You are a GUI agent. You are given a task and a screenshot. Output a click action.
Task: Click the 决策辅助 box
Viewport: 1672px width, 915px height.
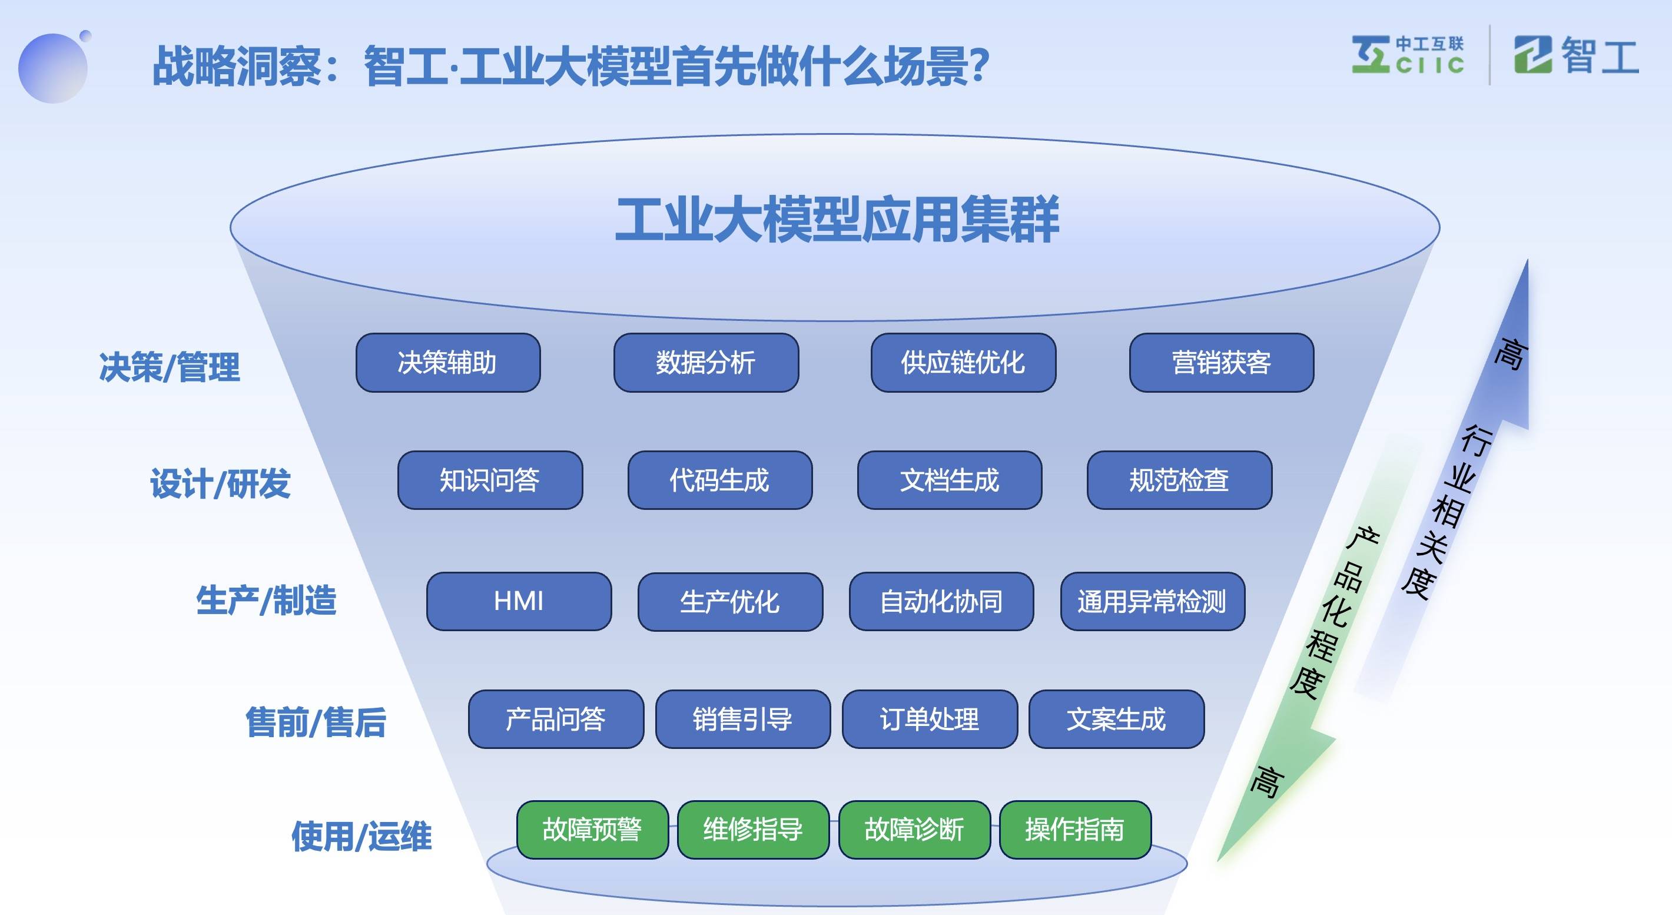click(x=448, y=363)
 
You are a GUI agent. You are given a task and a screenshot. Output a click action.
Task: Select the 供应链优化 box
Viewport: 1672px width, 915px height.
click(x=963, y=363)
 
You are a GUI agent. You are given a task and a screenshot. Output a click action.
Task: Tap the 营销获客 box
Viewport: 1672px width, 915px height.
click(x=1221, y=363)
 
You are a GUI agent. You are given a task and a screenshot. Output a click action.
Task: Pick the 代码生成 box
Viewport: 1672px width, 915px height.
click(x=720, y=480)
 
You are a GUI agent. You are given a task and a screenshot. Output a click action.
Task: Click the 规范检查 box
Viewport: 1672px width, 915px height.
click(x=1179, y=480)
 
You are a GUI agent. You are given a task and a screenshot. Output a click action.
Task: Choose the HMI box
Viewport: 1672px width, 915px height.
click(x=519, y=601)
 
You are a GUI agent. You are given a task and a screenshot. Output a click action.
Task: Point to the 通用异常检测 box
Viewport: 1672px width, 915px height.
click(x=1152, y=601)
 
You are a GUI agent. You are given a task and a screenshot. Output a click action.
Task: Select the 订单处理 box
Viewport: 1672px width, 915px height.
click(x=930, y=719)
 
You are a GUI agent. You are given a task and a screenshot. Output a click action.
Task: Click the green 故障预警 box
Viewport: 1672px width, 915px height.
click(x=592, y=830)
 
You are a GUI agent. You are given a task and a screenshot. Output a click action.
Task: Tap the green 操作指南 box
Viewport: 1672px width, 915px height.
click(x=1075, y=830)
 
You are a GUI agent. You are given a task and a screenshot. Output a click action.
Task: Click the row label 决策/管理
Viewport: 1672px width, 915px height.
click(x=170, y=367)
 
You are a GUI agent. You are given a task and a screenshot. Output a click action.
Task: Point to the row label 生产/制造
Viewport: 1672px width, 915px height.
click(x=266, y=600)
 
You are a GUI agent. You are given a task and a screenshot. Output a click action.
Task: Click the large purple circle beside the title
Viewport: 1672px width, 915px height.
click(x=52, y=69)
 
